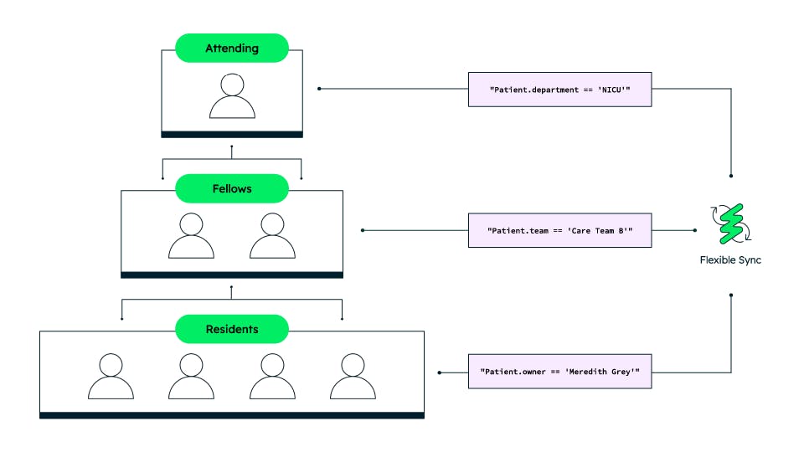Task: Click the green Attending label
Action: click(x=232, y=49)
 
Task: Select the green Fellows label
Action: click(x=232, y=189)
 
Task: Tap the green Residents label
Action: click(x=232, y=330)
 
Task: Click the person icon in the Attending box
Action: click(x=232, y=95)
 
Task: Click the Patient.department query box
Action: click(x=559, y=89)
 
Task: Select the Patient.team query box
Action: click(x=559, y=230)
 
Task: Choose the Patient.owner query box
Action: click(x=559, y=371)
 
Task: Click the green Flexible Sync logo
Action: click(x=731, y=223)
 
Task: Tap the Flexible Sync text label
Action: click(x=731, y=260)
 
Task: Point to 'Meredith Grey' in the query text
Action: click(x=600, y=371)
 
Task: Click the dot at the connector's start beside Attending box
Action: click(x=319, y=89)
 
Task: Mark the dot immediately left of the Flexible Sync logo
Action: click(x=695, y=230)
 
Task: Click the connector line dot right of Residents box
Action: click(x=440, y=371)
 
